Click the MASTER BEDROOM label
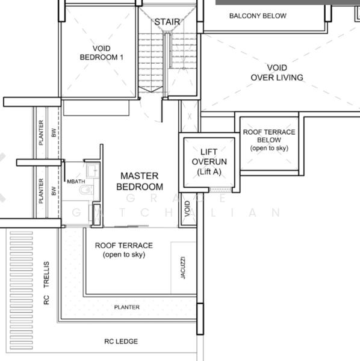tap(140, 181)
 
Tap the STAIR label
tap(167, 22)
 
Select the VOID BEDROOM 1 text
tap(101, 53)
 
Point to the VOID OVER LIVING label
tap(277, 73)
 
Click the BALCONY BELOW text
tap(258, 16)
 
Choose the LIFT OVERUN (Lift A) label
tap(209, 162)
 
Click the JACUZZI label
tap(183, 268)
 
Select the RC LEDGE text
tap(121, 341)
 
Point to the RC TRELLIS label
tap(46, 283)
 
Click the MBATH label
tap(76, 182)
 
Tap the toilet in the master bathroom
tap(85, 190)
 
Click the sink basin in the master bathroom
tap(93, 171)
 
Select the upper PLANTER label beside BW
tap(41, 132)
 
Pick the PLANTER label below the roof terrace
tap(126, 307)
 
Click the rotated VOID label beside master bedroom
tap(187, 209)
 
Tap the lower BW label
tap(54, 191)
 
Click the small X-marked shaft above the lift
tap(189, 116)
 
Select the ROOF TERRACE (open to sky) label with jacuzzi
tap(124, 250)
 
